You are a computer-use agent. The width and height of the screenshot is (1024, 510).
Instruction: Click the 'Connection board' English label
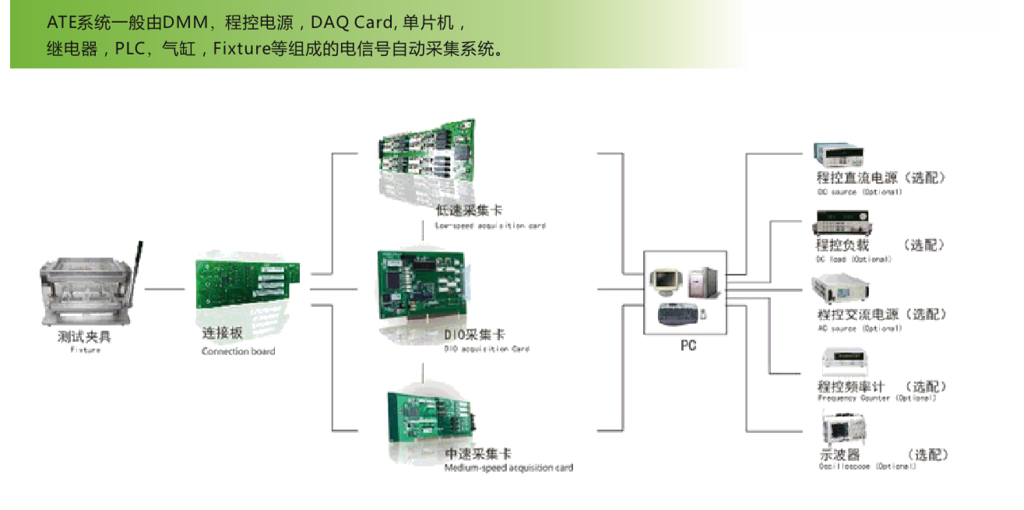[x=238, y=351]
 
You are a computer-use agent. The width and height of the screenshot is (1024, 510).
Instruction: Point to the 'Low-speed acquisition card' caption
[x=491, y=226]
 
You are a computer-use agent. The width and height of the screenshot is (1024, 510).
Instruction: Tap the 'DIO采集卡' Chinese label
[x=474, y=335]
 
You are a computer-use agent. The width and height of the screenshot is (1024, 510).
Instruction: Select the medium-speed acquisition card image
[x=429, y=417]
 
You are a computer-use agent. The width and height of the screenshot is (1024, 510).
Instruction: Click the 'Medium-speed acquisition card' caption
[x=508, y=468]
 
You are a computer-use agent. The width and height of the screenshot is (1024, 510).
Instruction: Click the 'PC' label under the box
[x=688, y=346]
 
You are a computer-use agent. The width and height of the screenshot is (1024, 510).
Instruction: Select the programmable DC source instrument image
[x=839, y=154]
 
